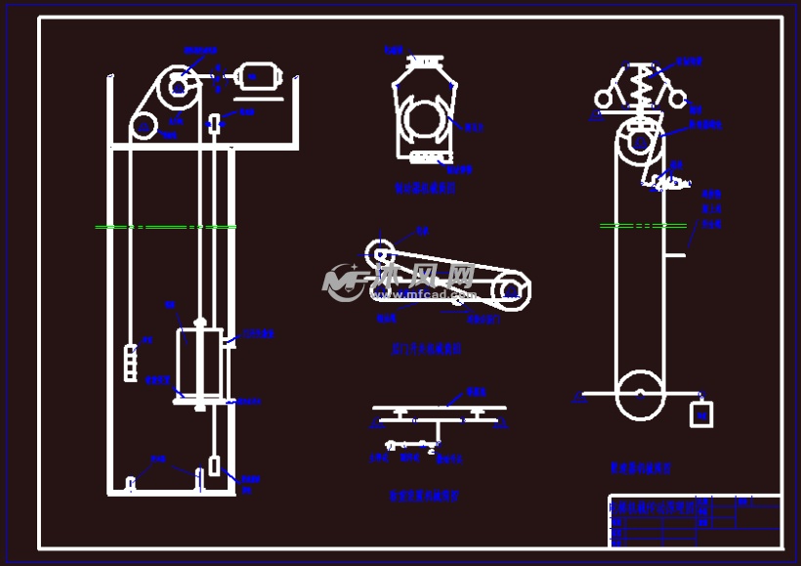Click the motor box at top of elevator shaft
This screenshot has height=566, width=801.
point(261,75)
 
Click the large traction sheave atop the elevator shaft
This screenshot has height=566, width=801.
point(178,86)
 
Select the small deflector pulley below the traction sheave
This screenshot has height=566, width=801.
point(145,126)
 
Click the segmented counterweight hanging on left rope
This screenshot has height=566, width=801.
point(131,362)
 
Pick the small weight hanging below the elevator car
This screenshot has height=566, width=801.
point(213,466)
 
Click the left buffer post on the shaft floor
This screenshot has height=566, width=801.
point(130,483)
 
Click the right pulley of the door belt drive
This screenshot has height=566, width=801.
point(510,290)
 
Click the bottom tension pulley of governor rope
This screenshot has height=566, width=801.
point(640,395)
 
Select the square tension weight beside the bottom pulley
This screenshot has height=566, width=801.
point(700,414)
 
